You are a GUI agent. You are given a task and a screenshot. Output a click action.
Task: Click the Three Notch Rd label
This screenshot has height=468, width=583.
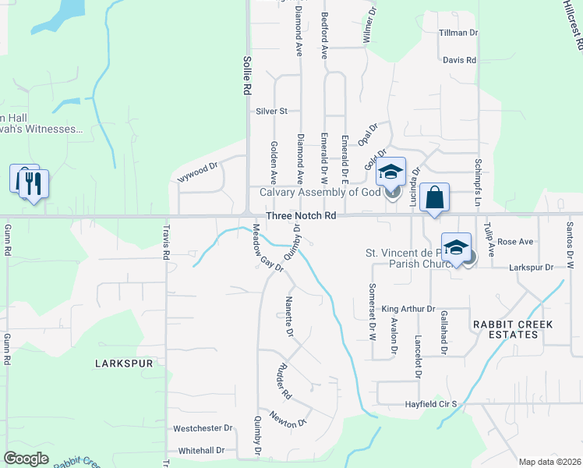pos(300,215)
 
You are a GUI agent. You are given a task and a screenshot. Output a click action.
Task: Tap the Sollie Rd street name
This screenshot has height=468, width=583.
pos(246,75)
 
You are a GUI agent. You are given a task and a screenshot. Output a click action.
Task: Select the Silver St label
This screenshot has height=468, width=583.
pos(272,112)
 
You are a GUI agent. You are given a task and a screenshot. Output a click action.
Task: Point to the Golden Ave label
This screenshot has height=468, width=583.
pos(274,157)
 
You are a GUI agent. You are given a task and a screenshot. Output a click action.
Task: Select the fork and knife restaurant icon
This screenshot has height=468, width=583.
pos(34,183)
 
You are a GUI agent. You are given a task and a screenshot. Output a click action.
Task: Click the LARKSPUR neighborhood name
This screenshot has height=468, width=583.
pos(122,363)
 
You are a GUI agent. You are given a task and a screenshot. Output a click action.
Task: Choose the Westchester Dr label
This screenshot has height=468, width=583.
pos(203,428)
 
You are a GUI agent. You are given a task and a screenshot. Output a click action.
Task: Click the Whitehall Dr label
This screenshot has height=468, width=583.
pos(201,451)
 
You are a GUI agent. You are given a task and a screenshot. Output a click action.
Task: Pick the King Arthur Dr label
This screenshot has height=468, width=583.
pos(408,310)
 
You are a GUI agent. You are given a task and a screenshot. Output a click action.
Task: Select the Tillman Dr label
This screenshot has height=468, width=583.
pos(458,33)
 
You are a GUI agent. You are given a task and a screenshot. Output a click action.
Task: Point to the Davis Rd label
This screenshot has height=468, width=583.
pos(459,60)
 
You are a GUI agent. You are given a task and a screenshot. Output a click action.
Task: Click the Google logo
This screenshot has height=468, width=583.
pos(26,459)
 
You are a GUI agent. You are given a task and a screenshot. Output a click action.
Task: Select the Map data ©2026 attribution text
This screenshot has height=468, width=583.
pos(549,462)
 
